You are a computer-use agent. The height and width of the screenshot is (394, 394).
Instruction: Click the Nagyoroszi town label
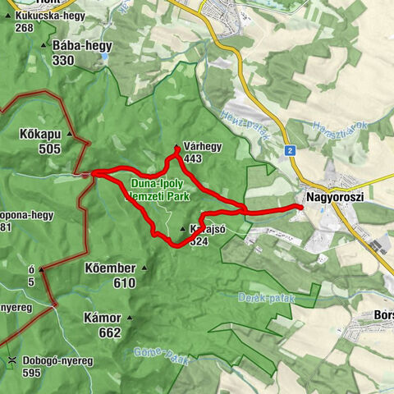pyautogui.click(x=335, y=198)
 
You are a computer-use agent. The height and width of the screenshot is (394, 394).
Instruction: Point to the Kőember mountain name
pyautogui.click(x=109, y=268)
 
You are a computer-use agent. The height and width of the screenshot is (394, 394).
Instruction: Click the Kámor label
pyautogui.click(x=103, y=318)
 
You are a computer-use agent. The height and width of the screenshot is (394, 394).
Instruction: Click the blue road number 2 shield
pyautogui.click(x=291, y=150)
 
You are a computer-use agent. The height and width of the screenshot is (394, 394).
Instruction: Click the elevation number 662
pyautogui.click(x=110, y=333)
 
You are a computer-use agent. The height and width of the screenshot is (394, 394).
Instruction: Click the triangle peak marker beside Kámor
pyautogui.click(x=131, y=318)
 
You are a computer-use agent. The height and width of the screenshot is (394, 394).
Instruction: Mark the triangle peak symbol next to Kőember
pyautogui.click(x=144, y=268)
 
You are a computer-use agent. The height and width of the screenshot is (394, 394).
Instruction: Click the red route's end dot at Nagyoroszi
pyautogui.click(x=300, y=208)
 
